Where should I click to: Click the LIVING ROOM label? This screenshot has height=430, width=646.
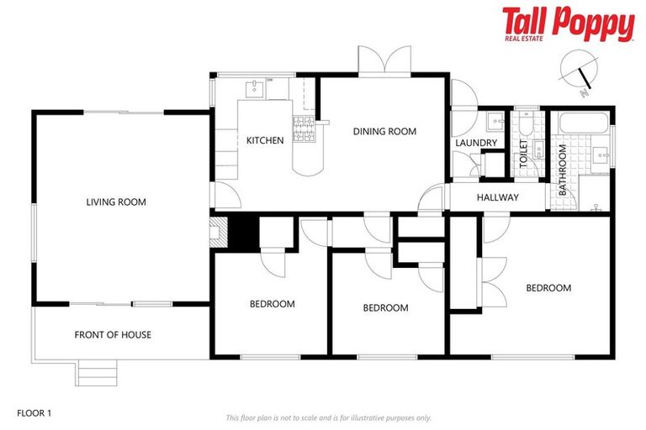[116, 202]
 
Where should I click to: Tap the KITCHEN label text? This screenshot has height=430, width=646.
[264, 140]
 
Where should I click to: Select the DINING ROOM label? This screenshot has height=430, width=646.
[384, 131]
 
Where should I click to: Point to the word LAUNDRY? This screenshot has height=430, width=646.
[476, 144]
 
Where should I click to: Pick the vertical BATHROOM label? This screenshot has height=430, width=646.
[563, 170]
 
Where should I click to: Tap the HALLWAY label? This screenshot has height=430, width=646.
[497, 197]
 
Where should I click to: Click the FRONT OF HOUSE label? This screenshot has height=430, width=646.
[113, 334]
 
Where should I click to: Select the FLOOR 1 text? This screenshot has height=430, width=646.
[34, 413]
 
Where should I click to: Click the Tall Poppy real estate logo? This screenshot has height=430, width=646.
[568, 24]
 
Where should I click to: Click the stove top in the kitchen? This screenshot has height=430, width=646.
[303, 128]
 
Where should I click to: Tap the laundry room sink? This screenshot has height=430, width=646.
[495, 123]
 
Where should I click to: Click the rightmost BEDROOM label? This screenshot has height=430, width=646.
[548, 288]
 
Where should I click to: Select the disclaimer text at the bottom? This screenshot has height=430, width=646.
[328, 417]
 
